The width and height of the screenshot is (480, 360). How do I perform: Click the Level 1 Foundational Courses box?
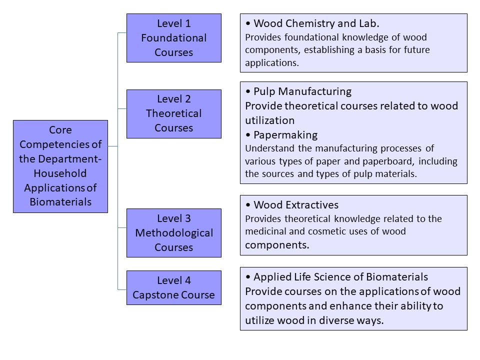pos(174,38)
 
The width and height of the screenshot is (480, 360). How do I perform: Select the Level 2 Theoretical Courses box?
pos(174,114)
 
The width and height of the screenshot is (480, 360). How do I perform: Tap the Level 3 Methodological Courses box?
pos(174,233)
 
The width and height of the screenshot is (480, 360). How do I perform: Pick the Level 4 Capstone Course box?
pos(174,288)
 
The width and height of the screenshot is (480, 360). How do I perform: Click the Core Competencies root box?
pos(60,166)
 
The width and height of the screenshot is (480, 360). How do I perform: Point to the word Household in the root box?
pos(60,173)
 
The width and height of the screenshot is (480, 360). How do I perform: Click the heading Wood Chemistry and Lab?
pos(316,23)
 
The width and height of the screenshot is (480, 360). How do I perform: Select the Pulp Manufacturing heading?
pos(302,91)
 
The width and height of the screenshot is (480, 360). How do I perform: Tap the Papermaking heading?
pos(285,135)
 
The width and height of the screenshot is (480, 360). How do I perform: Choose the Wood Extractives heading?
pos(296,205)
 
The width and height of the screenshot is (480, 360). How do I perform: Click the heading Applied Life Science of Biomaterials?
pos(340,277)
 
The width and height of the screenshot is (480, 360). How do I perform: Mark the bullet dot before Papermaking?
pos(248,135)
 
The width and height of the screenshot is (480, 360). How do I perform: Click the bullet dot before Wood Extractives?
pos(248,205)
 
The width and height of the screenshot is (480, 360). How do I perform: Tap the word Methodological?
pos(174,233)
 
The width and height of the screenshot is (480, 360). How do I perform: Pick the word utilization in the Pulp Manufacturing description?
pos(269,120)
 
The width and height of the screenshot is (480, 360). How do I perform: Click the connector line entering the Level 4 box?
pos(122,289)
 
